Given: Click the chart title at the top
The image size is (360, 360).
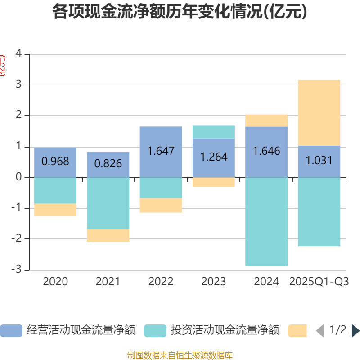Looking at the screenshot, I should click(x=180, y=12).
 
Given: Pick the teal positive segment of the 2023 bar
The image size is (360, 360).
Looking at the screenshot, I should click(x=213, y=131).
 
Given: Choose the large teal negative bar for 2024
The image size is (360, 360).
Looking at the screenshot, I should click(x=266, y=221).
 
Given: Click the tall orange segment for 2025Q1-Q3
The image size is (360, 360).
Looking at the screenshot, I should click(x=319, y=112).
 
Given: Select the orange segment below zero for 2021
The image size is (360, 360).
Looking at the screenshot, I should click(x=108, y=236).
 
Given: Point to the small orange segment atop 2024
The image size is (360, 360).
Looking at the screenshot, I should click(x=266, y=121).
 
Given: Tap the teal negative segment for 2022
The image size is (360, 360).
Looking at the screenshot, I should click(x=161, y=188).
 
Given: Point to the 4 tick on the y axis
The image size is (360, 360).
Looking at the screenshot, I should click(x=18, y=54).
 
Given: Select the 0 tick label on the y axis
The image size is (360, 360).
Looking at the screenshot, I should click(x=18, y=177).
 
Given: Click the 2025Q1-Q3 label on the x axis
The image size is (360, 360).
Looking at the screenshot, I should click(x=319, y=282).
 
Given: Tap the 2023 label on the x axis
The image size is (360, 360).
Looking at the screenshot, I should click(x=213, y=282).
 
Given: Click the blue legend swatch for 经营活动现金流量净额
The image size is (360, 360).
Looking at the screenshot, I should click(x=11, y=331).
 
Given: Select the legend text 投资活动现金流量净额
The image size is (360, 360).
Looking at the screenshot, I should click(x=225, y=331).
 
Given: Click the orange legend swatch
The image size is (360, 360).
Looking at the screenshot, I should click(x=297, y=331).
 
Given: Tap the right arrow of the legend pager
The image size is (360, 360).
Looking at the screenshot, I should click(x=355, y=331).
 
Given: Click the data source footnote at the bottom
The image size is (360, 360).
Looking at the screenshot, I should click(x=180, y=355).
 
